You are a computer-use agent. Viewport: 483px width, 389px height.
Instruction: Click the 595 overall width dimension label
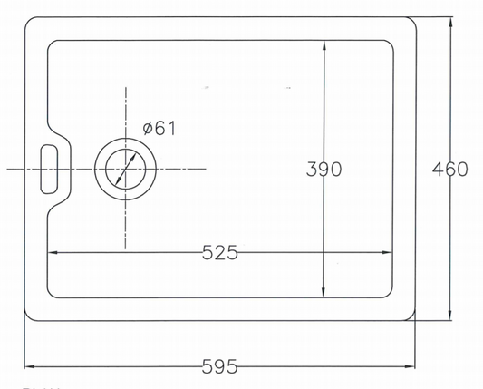pyautogui.click(x=219, y=366)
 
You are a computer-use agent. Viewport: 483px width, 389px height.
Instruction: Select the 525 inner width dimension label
pyautogui.click(x=220, y=253)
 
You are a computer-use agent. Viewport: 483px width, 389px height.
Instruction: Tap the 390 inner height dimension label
pyautogui.click(x=324, y=170)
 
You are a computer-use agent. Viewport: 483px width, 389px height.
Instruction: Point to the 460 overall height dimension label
pyautogui.click(x=449, y=170)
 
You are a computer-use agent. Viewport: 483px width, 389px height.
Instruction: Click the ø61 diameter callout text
pyautogui.click(x=159, y=128)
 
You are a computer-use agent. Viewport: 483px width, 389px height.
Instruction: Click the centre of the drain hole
pyautogui.click(x=125, y=169)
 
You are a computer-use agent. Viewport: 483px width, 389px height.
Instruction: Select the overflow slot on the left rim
pyautogui.click(x=49, y=170)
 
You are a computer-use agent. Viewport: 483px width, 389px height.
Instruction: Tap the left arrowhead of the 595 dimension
pyautogui.click(x=29, y=366)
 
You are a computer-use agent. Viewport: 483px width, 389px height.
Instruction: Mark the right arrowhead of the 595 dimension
pyautogui.click(x=411, y=366)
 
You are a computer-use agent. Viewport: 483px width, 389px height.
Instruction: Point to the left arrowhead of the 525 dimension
pyautogui.click(x=53, y=252)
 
